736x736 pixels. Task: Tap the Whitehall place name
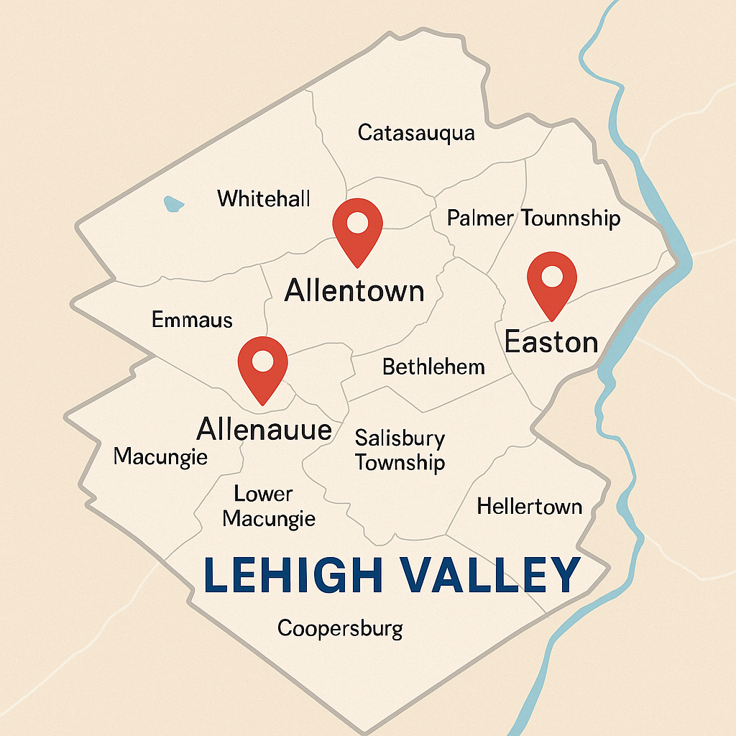pyautogui.click(x=264, y=198)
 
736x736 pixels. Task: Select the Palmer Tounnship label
pyautogui.click(x=533, y=218)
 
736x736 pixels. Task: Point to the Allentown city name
pyautogui.click(x=354, y=290)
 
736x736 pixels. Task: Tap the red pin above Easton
pyautogui.click(x=552, y=281)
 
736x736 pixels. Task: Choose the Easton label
pyautogui.click(x=551, y=341)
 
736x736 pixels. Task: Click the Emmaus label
pyautogui.click(x=192, y=320)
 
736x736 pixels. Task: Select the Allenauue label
pyautogui.click(x=264, y=430)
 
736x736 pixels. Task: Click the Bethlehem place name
pyautogui.click(x=433, y=367)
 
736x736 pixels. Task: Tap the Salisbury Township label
pyautogui.click(x=400, y=450)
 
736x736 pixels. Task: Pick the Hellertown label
pyautogui.click(x=530, y=507)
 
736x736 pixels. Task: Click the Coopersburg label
pyautogui.click(x=340, y=629)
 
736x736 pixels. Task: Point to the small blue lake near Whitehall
pyautogui.click(x=173, y=204)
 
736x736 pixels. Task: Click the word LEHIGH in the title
pyautogui.click(x=293, y=574)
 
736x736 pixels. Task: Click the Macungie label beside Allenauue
pyautogui.click(x=160, y=456)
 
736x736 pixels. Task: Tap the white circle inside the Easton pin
pyautogui.click(x=552, y=275)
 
